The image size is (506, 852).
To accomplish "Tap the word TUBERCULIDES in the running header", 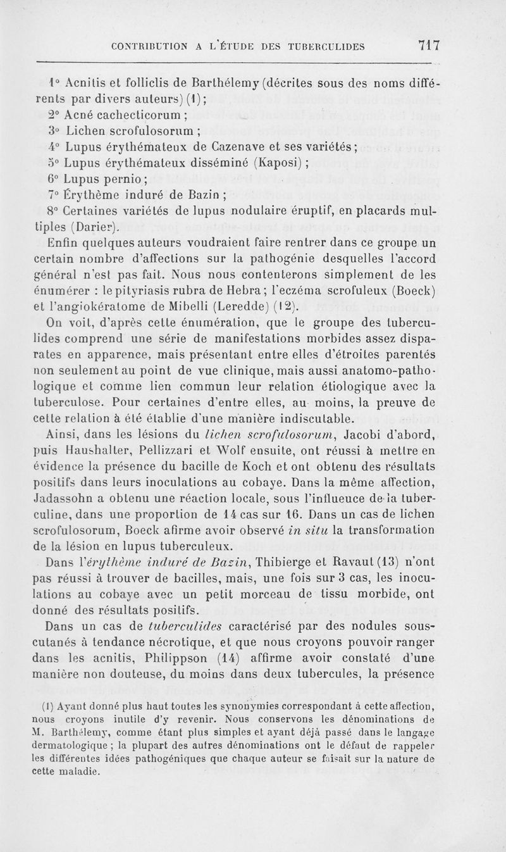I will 325,46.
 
